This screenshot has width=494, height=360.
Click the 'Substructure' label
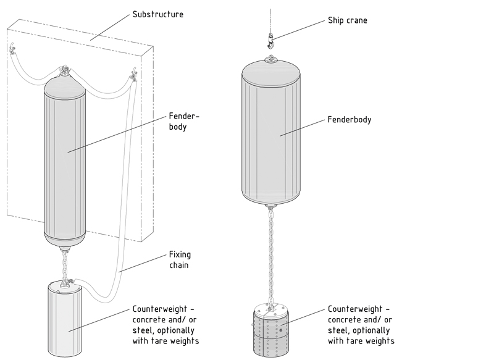[x=159, y=14]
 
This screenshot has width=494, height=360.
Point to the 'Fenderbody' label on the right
[x=350, y=119]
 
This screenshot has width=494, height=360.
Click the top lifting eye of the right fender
[x=270, y=60]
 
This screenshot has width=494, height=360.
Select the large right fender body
[x=270, y=133]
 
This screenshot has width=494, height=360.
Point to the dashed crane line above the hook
[x=270, y=15]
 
